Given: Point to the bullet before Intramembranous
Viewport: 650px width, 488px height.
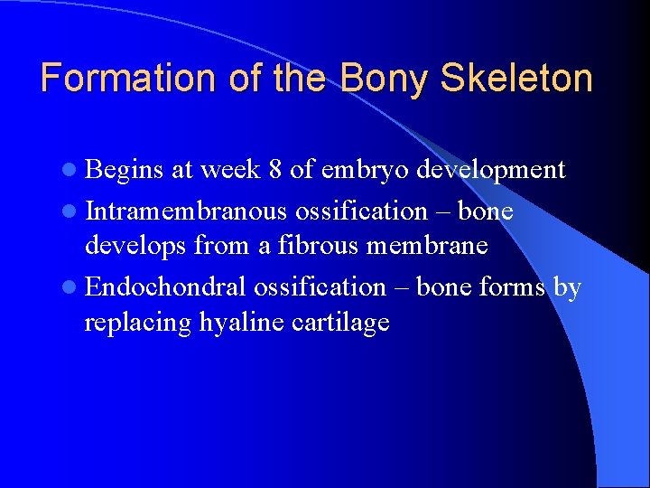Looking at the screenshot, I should (x=72, y=211).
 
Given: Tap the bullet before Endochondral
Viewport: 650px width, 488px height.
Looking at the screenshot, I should (x=72, y=287).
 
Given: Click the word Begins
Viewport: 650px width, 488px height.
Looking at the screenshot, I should (x=125, y=170).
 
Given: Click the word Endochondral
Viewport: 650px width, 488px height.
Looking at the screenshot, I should (x=166, y=286).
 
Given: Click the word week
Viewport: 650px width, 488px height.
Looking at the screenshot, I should (x=232, y=170).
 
